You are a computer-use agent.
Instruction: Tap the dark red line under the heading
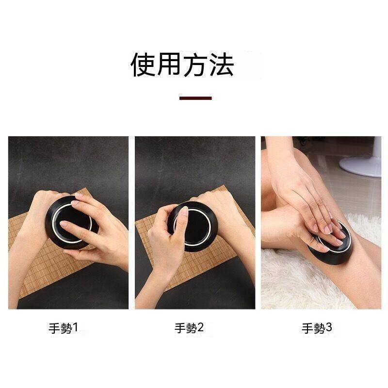[195, 98]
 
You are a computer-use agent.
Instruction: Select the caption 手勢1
[63, 328]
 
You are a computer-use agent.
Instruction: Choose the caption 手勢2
[189, 328]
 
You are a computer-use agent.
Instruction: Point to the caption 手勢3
[317, 328]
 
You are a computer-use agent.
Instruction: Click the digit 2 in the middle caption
[201, 328]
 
